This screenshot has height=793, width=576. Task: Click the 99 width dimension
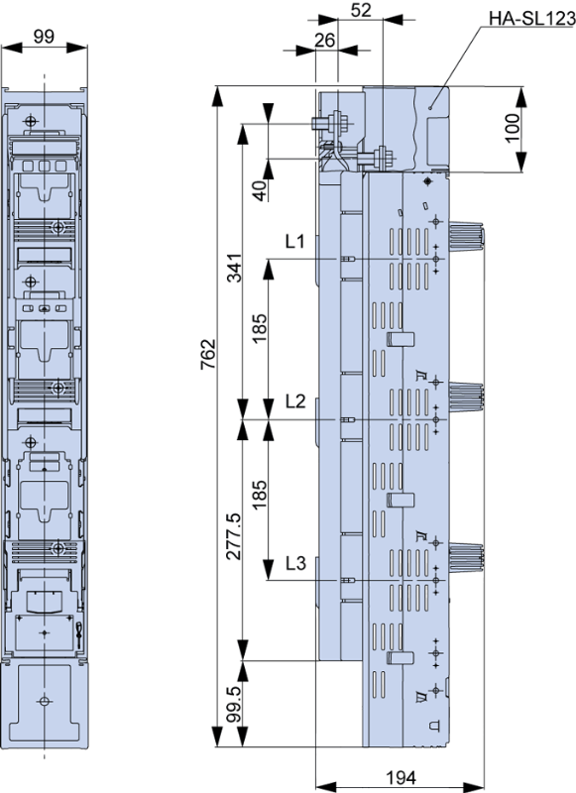tap(44, 37)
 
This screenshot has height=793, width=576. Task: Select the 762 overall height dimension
tap(208, 354)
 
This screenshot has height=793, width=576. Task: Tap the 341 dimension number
tap(234, 267)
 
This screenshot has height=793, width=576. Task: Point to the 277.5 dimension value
tap(234, 535)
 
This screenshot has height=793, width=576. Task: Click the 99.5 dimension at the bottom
tap(234, 704)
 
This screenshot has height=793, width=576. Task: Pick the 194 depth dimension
tap(402, 777)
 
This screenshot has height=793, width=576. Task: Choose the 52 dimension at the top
tap(361, 10)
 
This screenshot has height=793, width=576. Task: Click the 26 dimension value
tap(324, 40)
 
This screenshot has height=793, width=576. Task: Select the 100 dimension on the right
tap(512, 129)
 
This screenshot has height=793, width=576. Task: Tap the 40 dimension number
tap(260, 190)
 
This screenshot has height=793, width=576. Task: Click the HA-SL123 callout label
tap(532, 19)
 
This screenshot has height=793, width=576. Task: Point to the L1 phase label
tap(295, 241)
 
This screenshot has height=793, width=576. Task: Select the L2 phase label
tap(295, 401)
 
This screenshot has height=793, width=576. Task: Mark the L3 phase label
tap(295, 562)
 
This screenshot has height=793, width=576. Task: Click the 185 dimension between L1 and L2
tap(260, 328)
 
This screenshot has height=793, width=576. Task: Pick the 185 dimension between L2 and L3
tap(260, 494)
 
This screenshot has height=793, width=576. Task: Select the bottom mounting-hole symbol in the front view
tap(45, 701)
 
